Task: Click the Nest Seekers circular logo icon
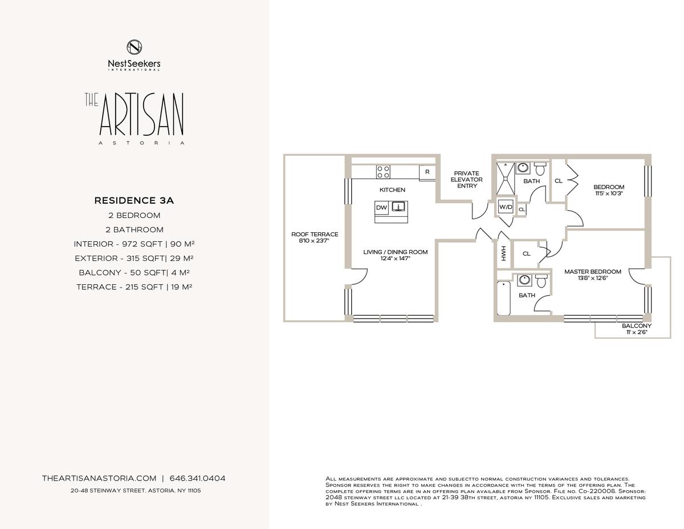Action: pos(134,47)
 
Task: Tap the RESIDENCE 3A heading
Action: pos(134,200)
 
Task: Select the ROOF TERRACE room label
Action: pos(315,234)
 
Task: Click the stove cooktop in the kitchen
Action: pos(383,172)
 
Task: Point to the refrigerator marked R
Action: pos(427,172)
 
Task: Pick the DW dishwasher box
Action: pos(381,208)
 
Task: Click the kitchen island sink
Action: pos(398,207)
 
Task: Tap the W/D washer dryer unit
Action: pos(506,207)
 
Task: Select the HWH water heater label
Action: pos(503,253)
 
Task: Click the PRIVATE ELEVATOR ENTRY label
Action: pos(466,180)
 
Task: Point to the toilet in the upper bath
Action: pos(540,168)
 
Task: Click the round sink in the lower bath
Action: pos(524,280)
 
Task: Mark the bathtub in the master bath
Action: pos(503,298)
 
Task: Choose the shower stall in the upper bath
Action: pos(506,179)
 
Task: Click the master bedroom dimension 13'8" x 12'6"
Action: pos(593,278)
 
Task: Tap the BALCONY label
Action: pos(637,326)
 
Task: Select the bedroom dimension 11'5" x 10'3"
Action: pos(609,193)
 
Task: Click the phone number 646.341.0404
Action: pos(197,478)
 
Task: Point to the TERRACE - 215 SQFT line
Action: pos(134,286)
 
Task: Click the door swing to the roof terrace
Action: pos(360,277)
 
